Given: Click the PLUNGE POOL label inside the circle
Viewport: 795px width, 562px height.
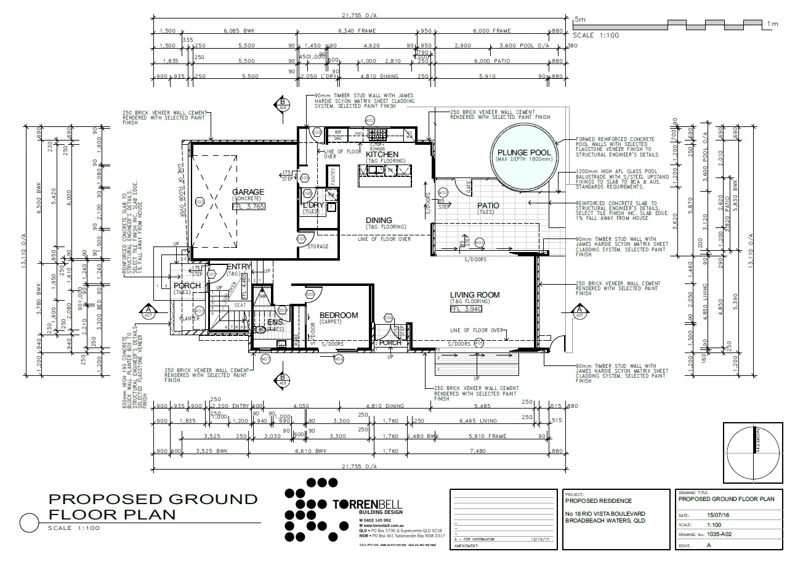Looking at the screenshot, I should coord(523,152).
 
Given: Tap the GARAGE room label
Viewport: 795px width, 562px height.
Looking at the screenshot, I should coord(248,192).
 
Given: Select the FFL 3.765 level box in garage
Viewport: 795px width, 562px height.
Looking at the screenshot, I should coord(248,206).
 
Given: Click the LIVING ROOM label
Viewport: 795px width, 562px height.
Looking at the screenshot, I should coord(474,295).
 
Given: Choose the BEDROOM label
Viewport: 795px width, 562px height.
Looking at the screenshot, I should coord(338,316).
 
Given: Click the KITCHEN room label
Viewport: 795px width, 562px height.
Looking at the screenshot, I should coord(382,154).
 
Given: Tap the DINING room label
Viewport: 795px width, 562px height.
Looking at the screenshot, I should coord(379,220).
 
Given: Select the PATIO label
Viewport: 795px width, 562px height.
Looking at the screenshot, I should coord(487,205).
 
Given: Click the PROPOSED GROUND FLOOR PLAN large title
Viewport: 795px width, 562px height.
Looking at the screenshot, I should coord(153,507).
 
